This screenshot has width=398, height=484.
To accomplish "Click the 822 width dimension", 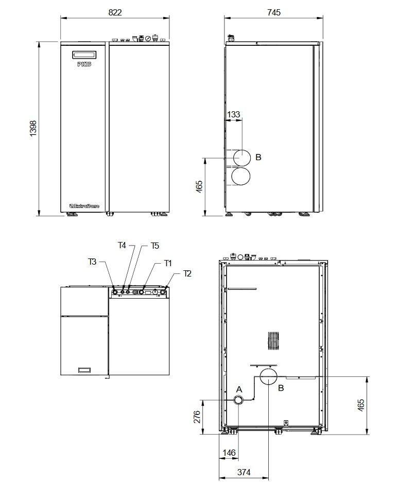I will (x=115, y=13).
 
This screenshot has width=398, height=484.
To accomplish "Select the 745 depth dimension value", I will (x=274, y=13).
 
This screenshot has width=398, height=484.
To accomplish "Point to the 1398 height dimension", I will (x=33, y=129).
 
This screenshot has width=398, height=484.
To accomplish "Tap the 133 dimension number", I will (x=233, y=114).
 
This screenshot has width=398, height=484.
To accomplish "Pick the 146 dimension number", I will (x=229, y=453).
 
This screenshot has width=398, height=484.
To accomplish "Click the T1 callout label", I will (x=168, y=263).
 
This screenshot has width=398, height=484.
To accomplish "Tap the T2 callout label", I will (x=187, y=273).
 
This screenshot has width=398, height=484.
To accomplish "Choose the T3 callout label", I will (x=92, y=262).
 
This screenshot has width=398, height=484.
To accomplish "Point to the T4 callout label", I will (x=122, y=246).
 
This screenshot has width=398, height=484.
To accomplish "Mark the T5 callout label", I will (x=155, y=246).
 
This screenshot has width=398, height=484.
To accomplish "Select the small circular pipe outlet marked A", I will (x=239, y=400).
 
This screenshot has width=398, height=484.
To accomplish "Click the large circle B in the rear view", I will (x=269, y=376).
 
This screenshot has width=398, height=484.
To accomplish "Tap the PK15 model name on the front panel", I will (x=83, y=64).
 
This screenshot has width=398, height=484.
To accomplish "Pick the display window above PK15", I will (x=83, y=54).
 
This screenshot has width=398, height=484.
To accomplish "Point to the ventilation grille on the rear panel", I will (x=273, y=341).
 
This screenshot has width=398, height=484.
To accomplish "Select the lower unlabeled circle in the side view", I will (x=241, y=177).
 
